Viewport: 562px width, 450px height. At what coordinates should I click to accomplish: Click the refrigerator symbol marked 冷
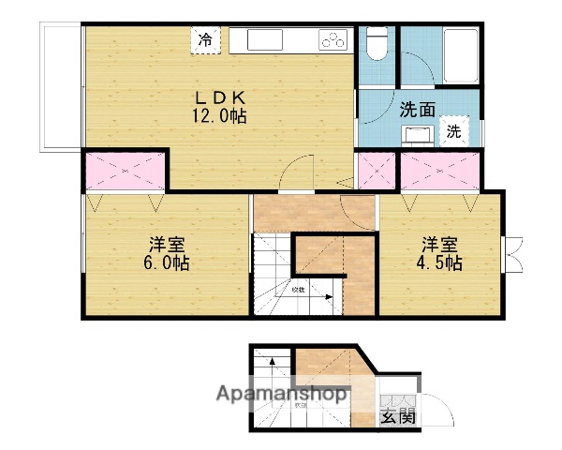point(205,40)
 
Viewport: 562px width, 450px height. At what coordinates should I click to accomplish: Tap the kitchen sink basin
point(262,40)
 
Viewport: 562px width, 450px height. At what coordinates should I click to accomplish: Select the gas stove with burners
point(333,39)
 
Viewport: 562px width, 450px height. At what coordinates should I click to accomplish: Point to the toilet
point(377,44)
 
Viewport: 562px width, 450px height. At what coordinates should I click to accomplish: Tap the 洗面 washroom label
point(418,109)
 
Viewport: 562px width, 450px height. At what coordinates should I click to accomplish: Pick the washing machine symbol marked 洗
point(454,132)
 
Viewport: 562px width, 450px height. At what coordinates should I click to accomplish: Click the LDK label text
point(221,97)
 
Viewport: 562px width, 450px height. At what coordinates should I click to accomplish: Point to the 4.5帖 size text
point(439,263)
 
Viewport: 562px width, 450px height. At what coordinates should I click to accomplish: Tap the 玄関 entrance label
point(398,417)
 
